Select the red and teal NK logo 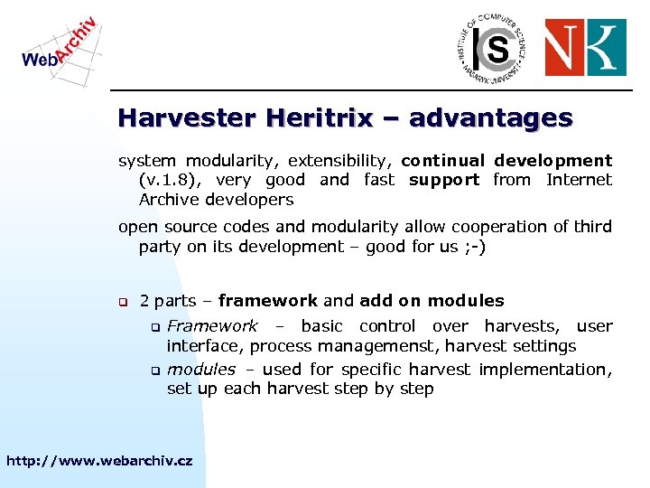584,48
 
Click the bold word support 444,180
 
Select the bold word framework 267,301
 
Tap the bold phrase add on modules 432,301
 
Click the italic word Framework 212,326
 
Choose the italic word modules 200,370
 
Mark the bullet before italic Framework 154,327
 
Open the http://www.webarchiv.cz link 99,461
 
